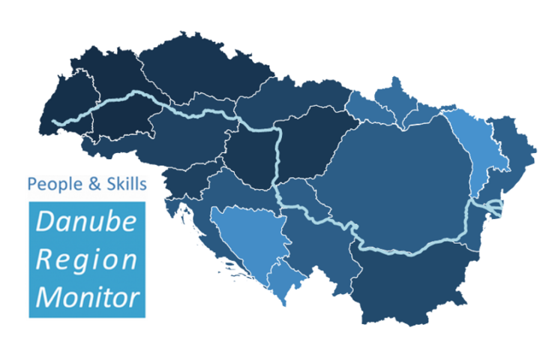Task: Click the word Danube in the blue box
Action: coord(86,223)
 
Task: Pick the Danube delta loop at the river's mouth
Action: coord(494,208)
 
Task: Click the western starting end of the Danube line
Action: coord(55,123)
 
